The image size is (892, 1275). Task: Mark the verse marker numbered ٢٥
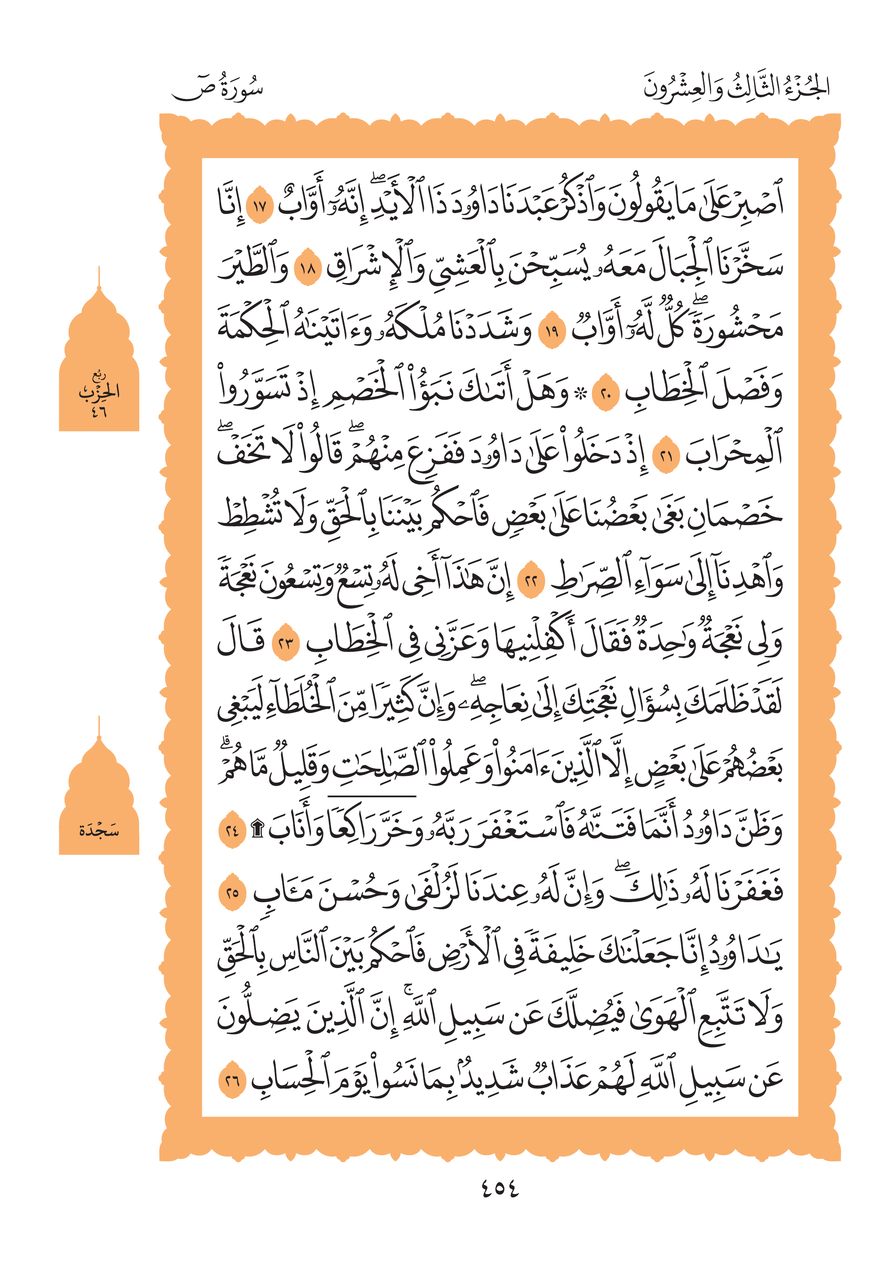click(x=232, y=893)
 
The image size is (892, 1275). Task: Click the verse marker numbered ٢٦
click(x=232, y=1080)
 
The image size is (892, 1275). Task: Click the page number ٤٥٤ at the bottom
click(x=499, y=1188)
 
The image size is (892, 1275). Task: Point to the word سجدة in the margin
click(x=99, y=831)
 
